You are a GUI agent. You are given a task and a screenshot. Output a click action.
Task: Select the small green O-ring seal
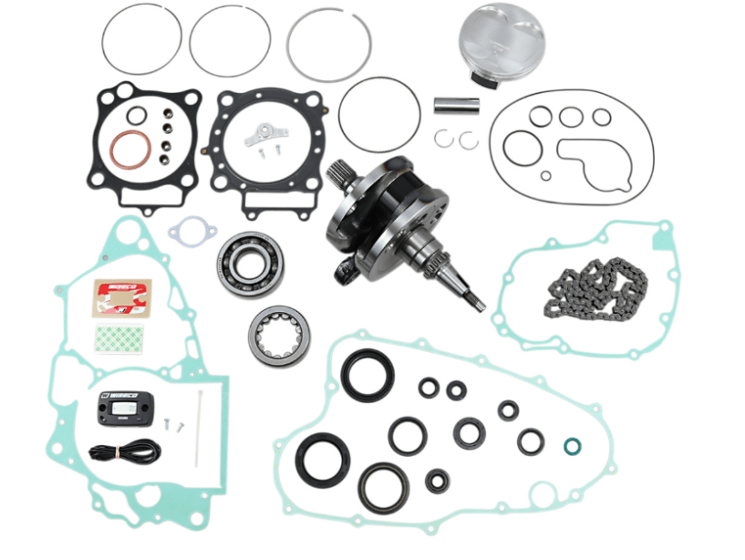572,446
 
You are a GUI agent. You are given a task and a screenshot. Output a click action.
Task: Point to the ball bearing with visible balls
248,264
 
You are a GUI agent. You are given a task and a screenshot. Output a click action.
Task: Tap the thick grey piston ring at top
328,47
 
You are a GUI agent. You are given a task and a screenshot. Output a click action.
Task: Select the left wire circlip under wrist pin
444,138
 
